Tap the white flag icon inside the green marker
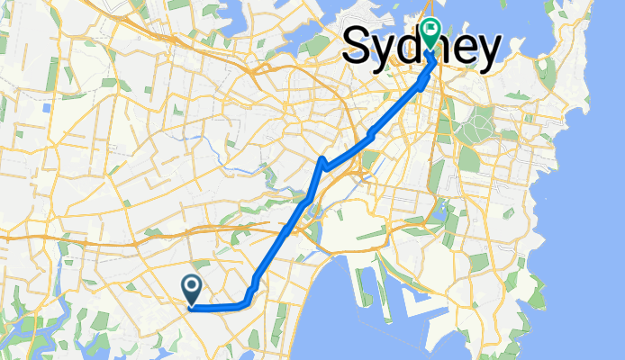pyautogui.click(x=431, y=31)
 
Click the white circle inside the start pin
pyautogui.click(x=192, y=285)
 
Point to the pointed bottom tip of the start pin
pyautogui.click(x=192, y=304)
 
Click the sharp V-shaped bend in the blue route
pyautogui.click(x=322, y=162)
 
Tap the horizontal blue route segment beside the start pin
pyautogui.click(x=216, y=308)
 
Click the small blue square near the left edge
pyautogui.click(x=46, y=107)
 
